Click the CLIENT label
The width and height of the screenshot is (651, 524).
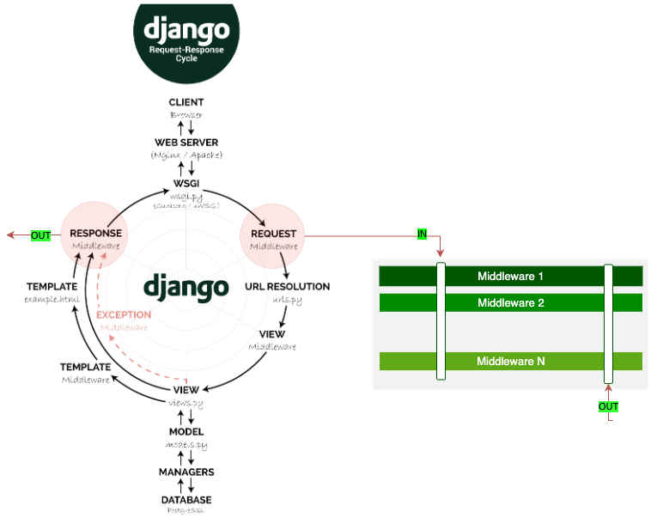186,102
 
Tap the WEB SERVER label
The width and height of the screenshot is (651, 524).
186,143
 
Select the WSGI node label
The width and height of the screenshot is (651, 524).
186,183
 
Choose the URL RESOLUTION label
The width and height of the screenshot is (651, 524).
287,287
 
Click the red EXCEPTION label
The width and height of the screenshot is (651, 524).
124,314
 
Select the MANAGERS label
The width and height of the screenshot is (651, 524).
186,472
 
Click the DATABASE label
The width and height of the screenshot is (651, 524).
186,500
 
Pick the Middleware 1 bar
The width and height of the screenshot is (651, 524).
511,277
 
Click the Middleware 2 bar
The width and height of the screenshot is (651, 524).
511,302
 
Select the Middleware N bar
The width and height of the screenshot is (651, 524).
511,362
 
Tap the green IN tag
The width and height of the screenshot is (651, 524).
422,234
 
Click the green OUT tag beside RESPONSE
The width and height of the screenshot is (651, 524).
40,235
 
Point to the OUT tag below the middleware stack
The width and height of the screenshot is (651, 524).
608,406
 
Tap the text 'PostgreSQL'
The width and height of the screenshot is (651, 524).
186,510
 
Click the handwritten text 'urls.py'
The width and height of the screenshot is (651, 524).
287,300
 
